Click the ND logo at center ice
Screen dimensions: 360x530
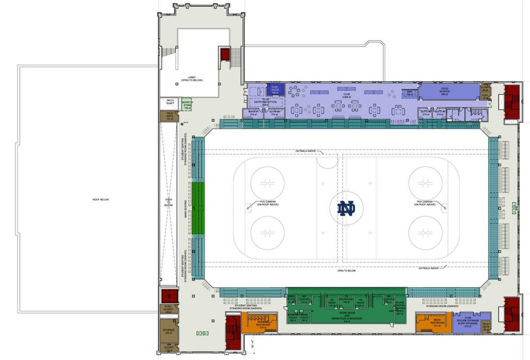pyautogui.click(x=346, y=208)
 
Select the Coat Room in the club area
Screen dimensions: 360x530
pyautogui.click(x=275, y=89)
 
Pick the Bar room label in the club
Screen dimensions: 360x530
pyautogui.click(x=409, y=94)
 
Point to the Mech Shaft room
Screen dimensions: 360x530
pyautogui.click(x=170, y=102)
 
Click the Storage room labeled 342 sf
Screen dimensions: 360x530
pyautogui.click(x=168, y=332)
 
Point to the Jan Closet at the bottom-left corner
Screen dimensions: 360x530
pyautogui.click(x=168, y=349)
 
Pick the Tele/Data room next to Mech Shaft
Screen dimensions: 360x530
pyautogui.click(x=169, y=116)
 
